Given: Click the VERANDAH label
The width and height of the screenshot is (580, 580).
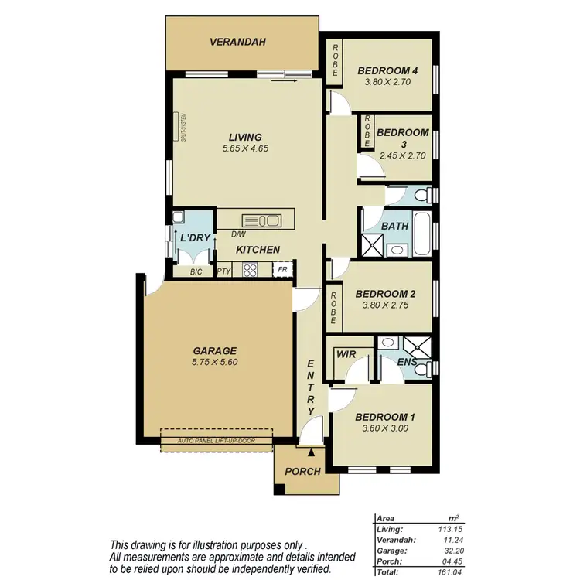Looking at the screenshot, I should (237, 42).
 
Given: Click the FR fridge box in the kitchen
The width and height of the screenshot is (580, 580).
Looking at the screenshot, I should (283, 270).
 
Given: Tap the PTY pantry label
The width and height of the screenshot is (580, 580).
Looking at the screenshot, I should (223, 271).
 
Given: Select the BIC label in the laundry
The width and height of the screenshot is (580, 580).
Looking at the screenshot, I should (196, 271).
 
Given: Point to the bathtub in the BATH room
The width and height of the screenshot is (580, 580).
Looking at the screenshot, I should (421, 236).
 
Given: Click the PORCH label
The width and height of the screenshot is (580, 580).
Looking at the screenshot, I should (303, 471).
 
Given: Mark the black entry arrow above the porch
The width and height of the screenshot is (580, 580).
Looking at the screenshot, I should (311, 451).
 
